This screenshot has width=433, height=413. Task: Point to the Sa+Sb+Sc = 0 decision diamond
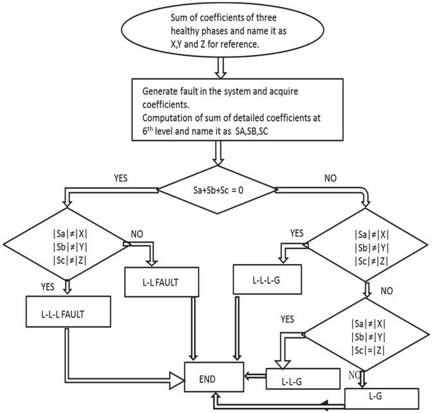point(217,189)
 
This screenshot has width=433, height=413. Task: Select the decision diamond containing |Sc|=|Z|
point(367,334)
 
